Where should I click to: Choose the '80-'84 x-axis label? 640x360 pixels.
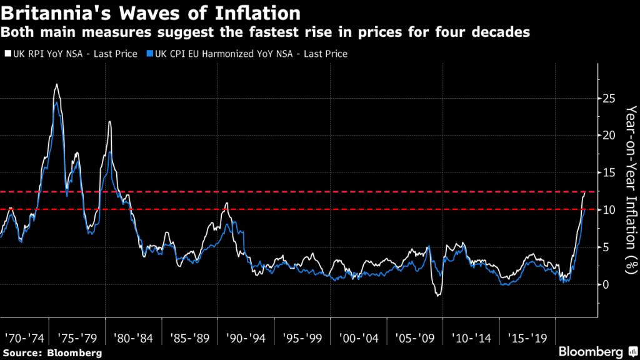(133, 337)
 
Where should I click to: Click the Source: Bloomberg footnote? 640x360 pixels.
(52, 353)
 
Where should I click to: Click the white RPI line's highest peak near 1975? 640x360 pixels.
(56, 84)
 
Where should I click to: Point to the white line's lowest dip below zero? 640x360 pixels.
(437, 296)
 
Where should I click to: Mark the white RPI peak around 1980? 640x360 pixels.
(110, 121)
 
